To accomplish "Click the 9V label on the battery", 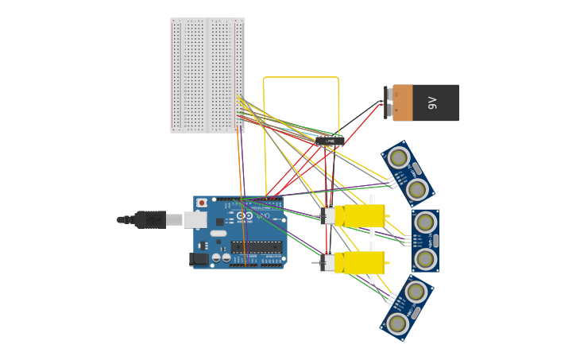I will (433, 103).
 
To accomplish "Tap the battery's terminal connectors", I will (388, 103).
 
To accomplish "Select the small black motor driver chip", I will (330, 141).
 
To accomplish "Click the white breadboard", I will (207, 75).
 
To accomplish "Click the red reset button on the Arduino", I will (202, 203).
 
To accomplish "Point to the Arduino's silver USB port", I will (195, 219).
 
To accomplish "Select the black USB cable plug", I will (150, 219).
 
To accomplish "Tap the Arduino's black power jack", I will (199, 258).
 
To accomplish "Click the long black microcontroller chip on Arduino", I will (256, 247).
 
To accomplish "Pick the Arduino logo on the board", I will (245, 216).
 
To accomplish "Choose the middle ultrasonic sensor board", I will (425, 241).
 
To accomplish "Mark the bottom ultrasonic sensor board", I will (407, 308).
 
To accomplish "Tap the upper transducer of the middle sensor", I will (425, 223).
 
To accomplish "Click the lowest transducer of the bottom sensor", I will (397, 323).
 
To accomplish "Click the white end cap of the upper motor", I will (327, 215).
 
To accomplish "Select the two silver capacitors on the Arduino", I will (221, 257).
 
